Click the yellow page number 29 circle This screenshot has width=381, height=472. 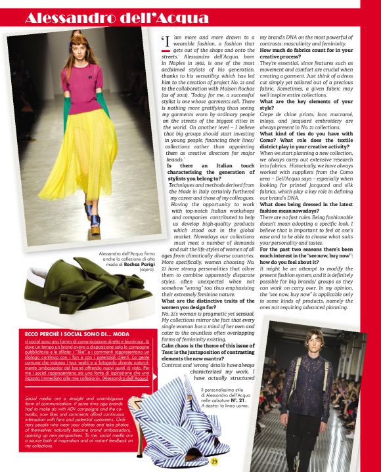tap(214, 462)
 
